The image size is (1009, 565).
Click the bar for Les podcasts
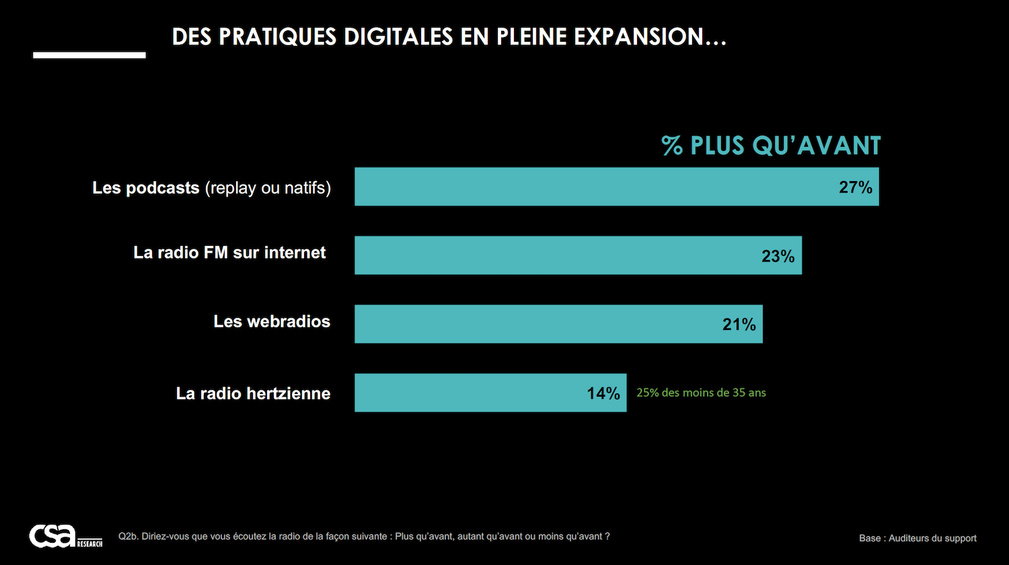tap(592, 187)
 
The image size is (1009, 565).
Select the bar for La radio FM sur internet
tap(552, 255)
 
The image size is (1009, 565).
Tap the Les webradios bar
tap(531, 324)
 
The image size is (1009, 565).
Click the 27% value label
tap(855, 187)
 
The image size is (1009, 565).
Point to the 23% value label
tap(778, 256)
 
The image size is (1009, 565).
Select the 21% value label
tap(739, 325)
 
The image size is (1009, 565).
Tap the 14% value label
tap(603, 393)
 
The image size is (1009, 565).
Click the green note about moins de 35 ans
tap(701, 393)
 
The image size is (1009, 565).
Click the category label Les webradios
tap(272, 321)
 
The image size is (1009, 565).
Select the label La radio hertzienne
tap(253, 393)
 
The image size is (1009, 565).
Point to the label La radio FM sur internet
tap(229, 253)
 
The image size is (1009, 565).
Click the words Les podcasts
tap(146, 188)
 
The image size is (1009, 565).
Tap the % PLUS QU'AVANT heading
tap(771, 145)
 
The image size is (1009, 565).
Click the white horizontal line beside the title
tap(89, 55)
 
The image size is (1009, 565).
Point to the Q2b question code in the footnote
tap(128, 537)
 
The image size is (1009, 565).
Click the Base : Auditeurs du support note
tap(918, 538)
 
